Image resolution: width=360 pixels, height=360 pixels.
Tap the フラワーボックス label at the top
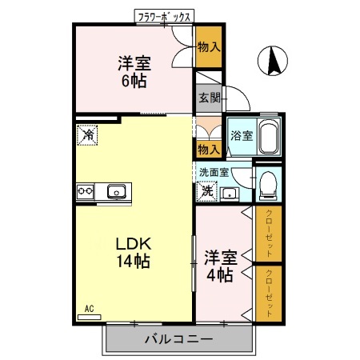[164, 15]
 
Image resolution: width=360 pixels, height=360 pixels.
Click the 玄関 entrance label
[209, 98]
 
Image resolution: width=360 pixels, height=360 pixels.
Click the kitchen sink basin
[115, 191]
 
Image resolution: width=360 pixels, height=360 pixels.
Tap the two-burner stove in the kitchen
[86, 191]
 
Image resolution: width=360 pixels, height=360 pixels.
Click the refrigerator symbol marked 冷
[87, 136]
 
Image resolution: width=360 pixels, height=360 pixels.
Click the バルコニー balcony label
[178, 339]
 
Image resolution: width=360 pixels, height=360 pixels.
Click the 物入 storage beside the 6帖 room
[208, 49]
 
